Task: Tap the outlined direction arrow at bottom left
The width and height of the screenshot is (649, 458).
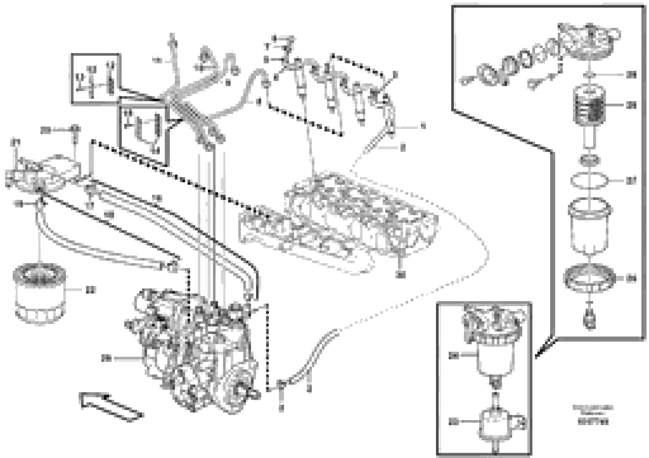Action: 110,407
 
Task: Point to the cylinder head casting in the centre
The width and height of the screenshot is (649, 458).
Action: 339,223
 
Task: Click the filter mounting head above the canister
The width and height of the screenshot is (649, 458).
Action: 42,175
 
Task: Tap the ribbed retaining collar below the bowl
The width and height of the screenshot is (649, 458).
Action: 589,278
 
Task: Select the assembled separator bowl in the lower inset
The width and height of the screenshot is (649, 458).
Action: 492,359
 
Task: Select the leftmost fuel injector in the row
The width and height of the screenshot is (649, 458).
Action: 300,82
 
